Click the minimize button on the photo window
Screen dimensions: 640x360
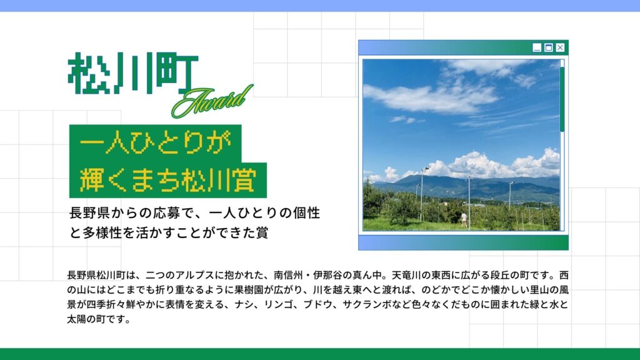(537, 47)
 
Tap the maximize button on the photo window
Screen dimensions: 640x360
(549, 47)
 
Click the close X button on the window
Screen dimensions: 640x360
(560, 47)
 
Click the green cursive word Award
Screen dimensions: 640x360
(212, 101)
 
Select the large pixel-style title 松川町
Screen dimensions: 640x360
(132, 73)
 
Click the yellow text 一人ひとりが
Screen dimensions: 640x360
(156, 142)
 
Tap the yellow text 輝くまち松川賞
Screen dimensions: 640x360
(167, 179)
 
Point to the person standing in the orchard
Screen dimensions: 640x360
(464, 219)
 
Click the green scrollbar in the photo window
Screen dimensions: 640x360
(562, 99)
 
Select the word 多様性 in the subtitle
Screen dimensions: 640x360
(102, 232)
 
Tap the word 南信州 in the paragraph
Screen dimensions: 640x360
(288, 275)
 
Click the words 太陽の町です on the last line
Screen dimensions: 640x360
(96, 319)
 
